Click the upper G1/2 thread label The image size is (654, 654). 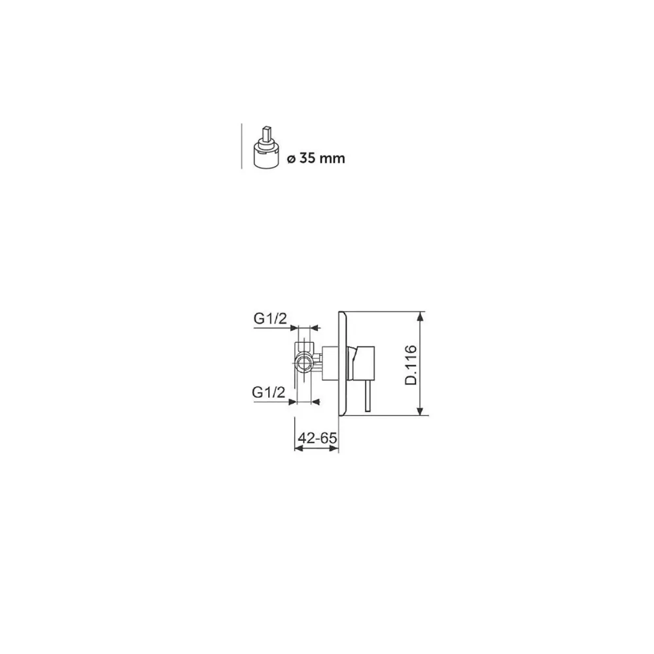point(270,318)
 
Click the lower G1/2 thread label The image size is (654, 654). point(269,392)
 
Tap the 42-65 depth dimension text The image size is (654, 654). point(317,438)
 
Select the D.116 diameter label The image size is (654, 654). point(411,365)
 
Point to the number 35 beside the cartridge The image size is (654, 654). point(307,158)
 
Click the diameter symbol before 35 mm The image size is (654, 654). point(291,159)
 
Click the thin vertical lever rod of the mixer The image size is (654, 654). point(368,396)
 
